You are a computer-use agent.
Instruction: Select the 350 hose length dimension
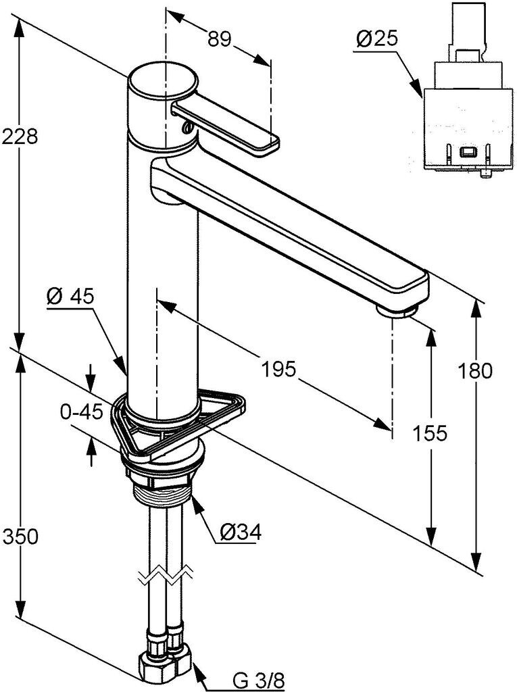pos(20,537)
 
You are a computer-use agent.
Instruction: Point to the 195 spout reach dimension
pos(279,369)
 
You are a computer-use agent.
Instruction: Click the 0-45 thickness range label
pos(81,412)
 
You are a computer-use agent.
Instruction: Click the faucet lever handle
pos(230,125)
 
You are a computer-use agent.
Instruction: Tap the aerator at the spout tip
pos(397,310)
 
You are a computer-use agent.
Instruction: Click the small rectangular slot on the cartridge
pos(467,153)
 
